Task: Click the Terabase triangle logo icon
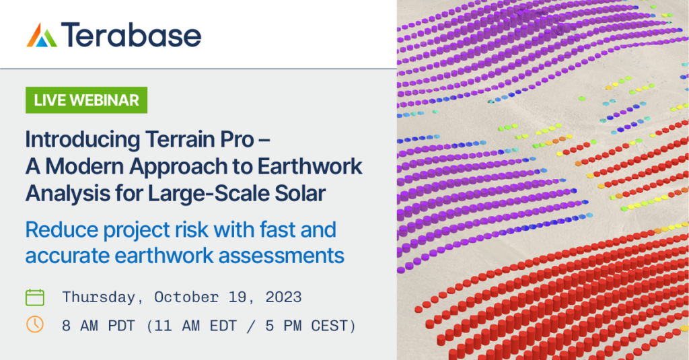(x=42, y=35)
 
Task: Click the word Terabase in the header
(x=131, y=35)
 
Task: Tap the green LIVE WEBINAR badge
(x=86, y=100)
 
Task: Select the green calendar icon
(x=35, y=297)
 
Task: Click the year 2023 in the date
(x=284, y=297)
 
